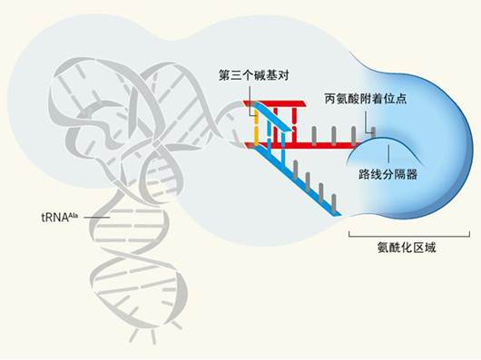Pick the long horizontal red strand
point(309,143)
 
